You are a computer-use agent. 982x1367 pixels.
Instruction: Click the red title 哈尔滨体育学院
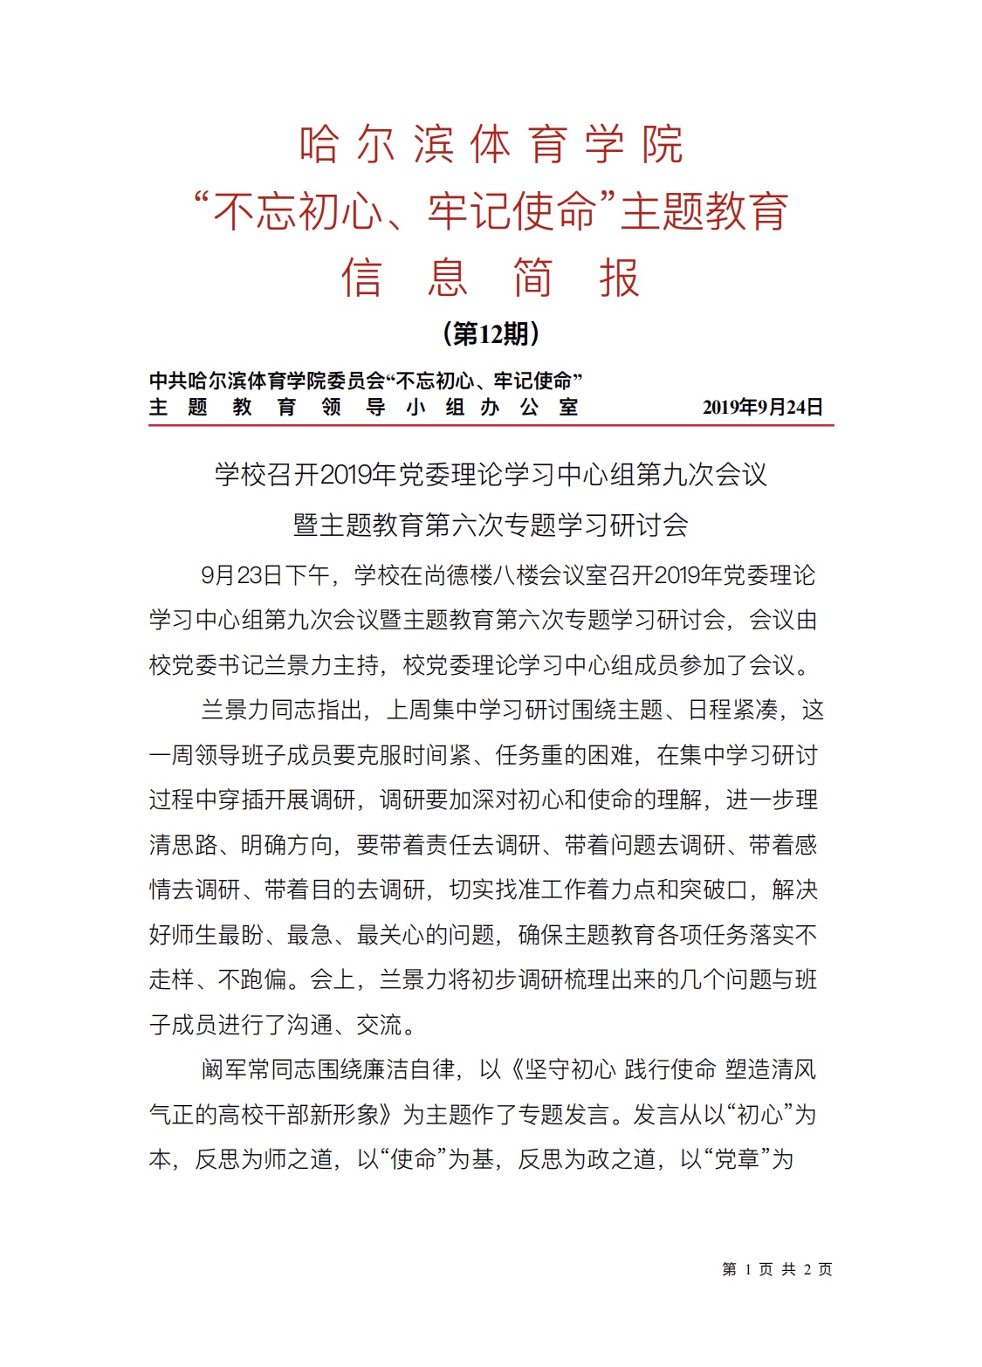[491, 145]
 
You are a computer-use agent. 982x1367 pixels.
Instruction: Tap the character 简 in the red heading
[532, 278]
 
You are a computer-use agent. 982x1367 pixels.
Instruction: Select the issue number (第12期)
[491, 333]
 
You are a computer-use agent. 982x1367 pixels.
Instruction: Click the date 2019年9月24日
[762, 408]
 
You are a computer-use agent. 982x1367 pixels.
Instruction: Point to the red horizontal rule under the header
[491, 425]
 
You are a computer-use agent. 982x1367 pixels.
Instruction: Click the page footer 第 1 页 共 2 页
[777, 1269]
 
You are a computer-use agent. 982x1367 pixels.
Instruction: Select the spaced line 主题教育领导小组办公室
[363, 408]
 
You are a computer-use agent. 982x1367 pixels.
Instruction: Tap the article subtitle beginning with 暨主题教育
[491, 526]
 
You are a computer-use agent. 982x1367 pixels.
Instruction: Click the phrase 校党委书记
[195, 665]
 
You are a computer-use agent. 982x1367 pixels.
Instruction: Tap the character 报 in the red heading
[619, 278]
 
